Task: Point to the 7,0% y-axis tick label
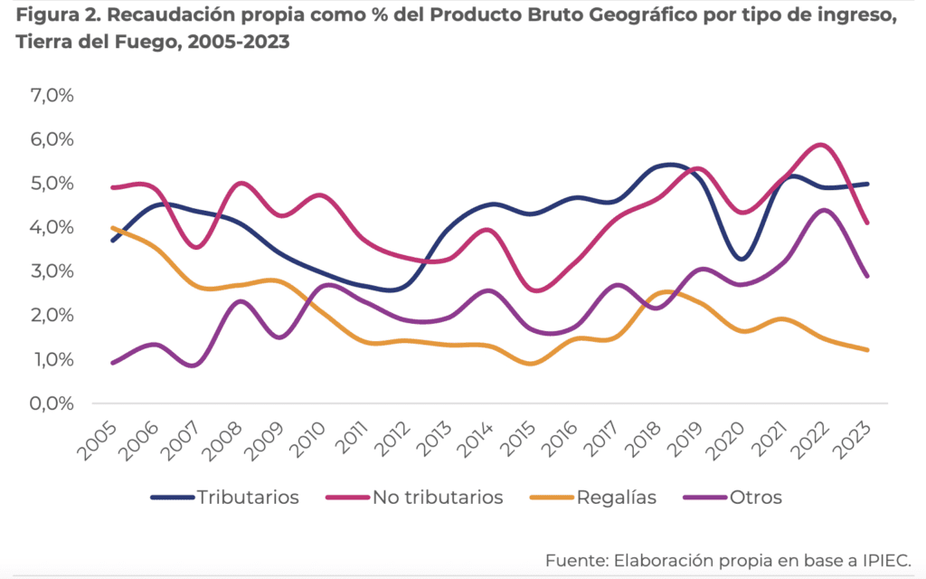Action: tap(53, 95)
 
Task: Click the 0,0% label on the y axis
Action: tap(53, 403)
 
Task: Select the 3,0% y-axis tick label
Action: tap(53, 271)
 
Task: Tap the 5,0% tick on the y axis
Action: tap(53, 184)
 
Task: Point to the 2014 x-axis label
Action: tap(495, 439)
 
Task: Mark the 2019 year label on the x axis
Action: tap(705, 439)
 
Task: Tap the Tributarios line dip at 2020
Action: tap(742, 259)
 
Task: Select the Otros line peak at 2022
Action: tap(823, 210)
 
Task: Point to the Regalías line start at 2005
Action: tap(113, 228)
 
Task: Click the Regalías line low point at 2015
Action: tap(533, 364)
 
